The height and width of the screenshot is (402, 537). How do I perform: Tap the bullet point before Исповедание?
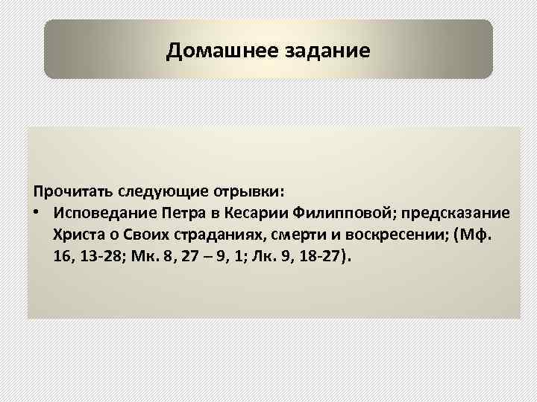click(x=36, y=213)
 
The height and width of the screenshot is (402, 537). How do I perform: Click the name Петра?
click(x=187, y=213)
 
